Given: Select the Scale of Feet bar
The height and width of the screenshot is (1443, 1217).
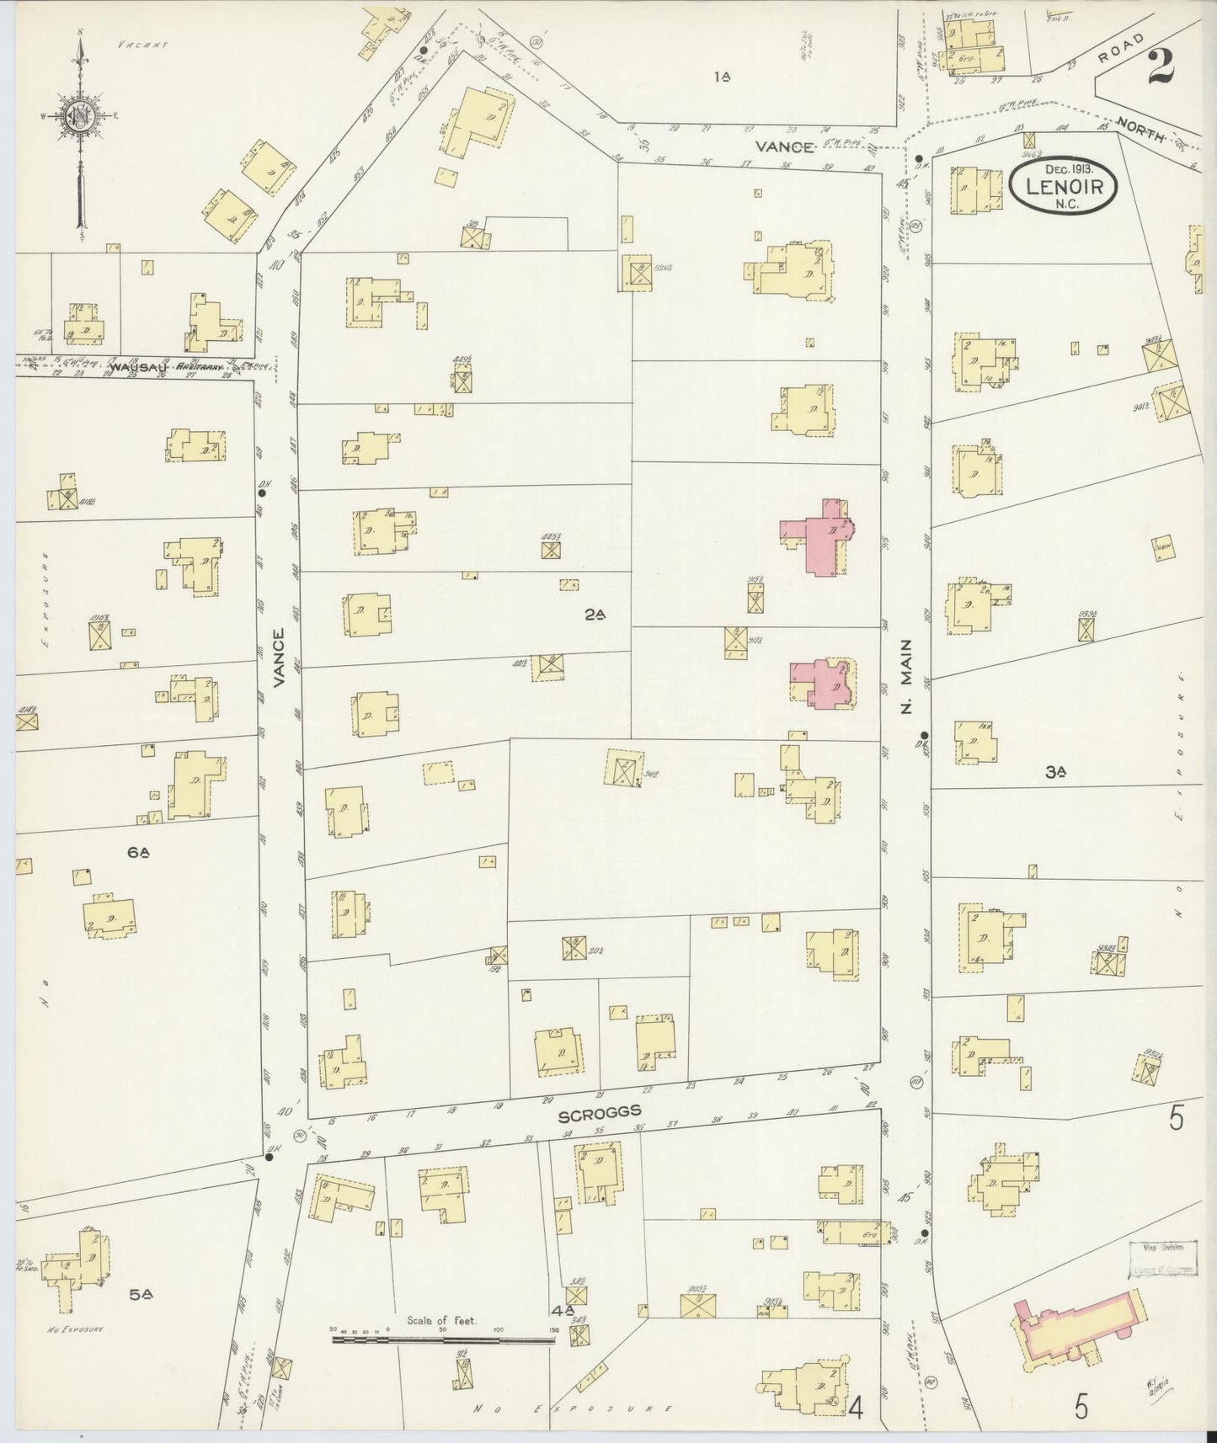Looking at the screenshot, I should click(x=443, y=1336).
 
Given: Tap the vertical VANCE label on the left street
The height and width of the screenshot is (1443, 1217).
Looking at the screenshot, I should click(x=280, y=658).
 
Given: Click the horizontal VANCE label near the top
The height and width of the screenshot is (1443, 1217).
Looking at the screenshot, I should click(x=784, y=146).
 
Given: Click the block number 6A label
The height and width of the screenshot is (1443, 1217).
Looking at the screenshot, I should click(x=139, y=853).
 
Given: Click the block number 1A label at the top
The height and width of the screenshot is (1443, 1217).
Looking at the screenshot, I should click(x=721, y=77).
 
